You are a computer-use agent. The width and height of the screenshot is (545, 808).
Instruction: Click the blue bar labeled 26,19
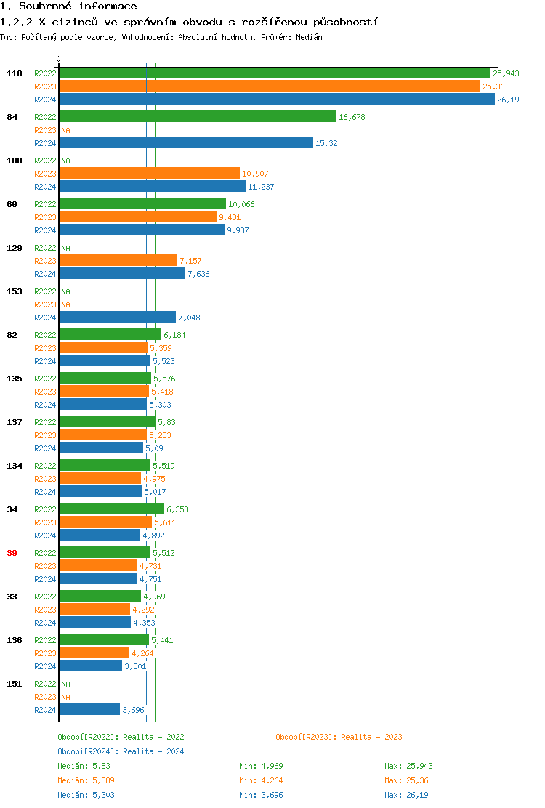click(x=276, y=100)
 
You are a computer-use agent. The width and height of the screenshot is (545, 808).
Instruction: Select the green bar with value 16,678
click(x=198, y=117)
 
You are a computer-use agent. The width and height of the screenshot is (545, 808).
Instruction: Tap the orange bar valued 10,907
click(x=149, y=174)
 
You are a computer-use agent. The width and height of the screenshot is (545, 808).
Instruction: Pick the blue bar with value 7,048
click(x=117, y=318)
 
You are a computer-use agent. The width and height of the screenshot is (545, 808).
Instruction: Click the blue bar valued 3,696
click(x=89, y=710)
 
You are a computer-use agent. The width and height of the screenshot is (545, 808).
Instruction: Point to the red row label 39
click(x=12, y=553)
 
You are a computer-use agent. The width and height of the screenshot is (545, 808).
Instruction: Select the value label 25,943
click(x=506, y=73)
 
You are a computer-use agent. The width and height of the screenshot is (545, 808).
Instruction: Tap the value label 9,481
click(x=230, y=217)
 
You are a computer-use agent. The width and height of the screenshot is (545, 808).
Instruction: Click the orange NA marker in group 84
click(x=65, y=130)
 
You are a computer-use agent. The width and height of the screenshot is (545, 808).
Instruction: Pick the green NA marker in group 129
click(x=65, y=248)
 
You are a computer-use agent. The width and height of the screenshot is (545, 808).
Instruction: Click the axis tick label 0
click(x=59, y=60)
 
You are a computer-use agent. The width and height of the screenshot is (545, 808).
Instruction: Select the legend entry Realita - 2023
click(x=339, y=737)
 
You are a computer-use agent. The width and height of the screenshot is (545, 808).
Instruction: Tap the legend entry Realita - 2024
click(x=121, y=751)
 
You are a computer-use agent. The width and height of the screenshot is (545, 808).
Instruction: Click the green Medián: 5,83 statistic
click(x=84, y=766)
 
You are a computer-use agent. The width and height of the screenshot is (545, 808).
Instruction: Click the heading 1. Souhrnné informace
click(x=68, y=7)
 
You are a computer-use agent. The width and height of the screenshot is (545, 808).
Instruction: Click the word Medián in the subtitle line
click(x=309, y=37)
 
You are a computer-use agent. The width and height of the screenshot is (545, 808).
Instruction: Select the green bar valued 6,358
click(x=111, y=509)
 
